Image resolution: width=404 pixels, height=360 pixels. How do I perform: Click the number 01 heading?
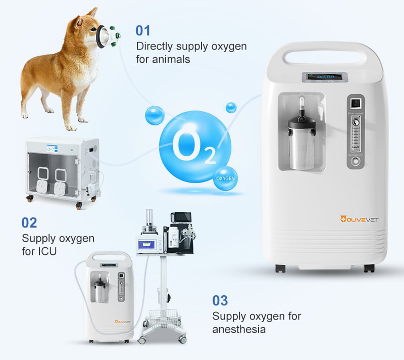coord(143,30)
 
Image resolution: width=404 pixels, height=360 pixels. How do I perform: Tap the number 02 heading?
coord(29,222)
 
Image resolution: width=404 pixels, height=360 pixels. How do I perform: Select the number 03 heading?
coord(220,301)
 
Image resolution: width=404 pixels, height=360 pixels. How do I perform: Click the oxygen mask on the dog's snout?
coord(107,35)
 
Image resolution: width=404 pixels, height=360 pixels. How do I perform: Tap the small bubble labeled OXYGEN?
coord(225,178)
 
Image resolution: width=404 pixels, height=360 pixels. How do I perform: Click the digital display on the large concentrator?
coord(325,77)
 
